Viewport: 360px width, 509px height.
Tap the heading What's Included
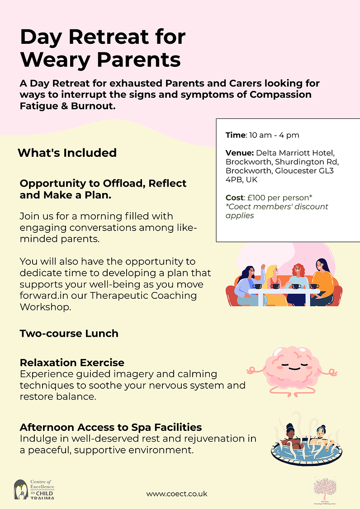[67, 153]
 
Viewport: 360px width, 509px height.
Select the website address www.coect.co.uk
[177, 494]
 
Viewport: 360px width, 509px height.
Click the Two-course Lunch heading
[69, 334]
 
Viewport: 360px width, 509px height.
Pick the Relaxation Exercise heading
[72, 363]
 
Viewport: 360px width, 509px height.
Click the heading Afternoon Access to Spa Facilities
[111, 427]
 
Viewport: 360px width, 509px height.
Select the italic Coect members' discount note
[277, 211]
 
